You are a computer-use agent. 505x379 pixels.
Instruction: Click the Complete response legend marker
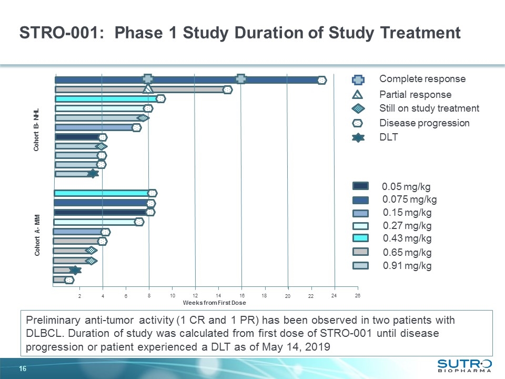point(358,79)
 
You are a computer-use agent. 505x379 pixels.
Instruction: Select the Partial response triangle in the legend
point(358,95)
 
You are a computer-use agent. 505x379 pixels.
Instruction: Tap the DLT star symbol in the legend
point(358,138)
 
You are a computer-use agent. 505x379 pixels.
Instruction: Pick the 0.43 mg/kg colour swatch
point(360,238)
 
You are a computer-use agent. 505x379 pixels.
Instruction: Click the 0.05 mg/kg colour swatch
point(360,186)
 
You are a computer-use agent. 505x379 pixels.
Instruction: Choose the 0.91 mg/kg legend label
point(407,266)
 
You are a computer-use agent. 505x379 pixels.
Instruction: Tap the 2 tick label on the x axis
point(79,296)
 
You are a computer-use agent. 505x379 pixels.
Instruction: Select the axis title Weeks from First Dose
point(214,303)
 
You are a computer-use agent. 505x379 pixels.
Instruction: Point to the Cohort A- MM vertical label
point(37,236)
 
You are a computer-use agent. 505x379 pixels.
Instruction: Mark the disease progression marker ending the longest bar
point(322,80)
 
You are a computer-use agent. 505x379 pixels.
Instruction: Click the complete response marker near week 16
point(241,79)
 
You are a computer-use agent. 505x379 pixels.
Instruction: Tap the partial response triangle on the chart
point(148,89)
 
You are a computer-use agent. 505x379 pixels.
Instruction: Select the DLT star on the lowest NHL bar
point(93,173)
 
